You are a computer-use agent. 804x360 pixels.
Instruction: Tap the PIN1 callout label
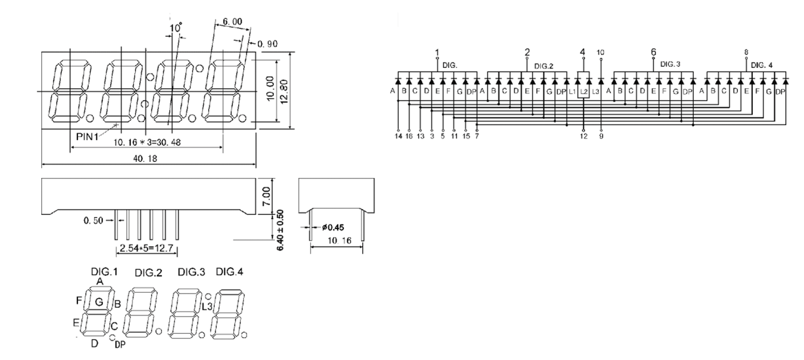tap(87, 135)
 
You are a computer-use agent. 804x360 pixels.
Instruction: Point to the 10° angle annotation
tap(176, 27)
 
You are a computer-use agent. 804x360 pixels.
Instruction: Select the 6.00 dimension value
tap(232, 22)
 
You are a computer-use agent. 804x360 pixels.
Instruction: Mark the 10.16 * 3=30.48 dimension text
tap(147, 142)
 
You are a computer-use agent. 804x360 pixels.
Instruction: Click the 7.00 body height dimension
tap(267, 195)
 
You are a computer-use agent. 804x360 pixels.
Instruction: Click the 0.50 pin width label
tap(95, 220)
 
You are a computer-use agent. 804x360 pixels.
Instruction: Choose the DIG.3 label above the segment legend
tap(191, 272)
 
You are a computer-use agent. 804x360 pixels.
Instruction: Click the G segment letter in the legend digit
tap(99, 302)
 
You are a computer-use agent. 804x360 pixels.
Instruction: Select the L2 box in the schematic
tap(584, 90)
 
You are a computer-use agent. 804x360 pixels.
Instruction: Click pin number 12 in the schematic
tap(583, 135)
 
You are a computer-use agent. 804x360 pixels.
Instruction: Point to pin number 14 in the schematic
tap(398, 135)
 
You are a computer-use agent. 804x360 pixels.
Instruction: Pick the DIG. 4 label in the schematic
tap(762, 65)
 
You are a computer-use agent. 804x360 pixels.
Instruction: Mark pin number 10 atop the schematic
tap(600, 53)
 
